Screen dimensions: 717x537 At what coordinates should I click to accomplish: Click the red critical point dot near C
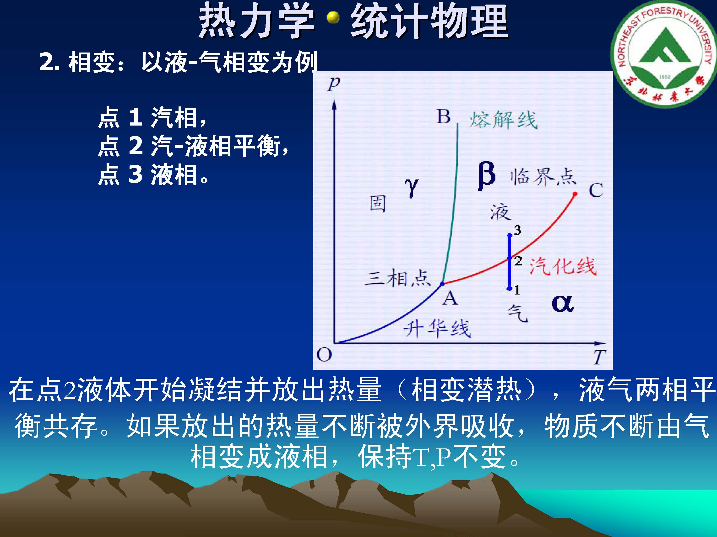[575, 194]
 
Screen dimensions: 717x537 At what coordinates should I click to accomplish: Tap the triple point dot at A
[442, 284]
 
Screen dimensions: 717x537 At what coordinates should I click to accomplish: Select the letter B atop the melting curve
[443, 116]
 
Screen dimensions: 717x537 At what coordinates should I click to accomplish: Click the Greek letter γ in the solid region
[411, 188]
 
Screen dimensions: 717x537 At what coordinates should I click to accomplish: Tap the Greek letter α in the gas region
[563, 304]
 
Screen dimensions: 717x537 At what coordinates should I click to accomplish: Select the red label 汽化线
[563, 266]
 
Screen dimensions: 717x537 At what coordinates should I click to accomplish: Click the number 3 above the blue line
[518, 230]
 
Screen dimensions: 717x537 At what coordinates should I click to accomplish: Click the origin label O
[324, 355]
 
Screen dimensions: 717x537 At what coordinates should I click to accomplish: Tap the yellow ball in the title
[333, 18]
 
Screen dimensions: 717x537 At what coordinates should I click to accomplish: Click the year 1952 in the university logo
[664, 77]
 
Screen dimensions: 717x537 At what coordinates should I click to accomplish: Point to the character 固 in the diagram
[378, 204]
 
